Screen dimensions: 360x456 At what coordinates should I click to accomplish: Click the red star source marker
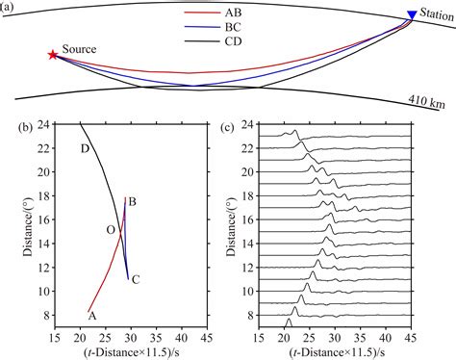(52, 55)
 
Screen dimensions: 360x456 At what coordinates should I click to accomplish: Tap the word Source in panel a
(79, 49)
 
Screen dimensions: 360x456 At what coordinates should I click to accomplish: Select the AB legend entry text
(234, 14)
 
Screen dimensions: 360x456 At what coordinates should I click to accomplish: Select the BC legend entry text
(234, 29)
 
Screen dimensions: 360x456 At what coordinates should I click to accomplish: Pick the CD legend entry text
(234, 42)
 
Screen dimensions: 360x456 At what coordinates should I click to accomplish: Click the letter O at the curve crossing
(111, 229)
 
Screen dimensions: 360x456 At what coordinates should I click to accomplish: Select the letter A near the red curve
(91, 315)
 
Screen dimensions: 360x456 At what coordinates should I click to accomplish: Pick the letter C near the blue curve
(136, 280)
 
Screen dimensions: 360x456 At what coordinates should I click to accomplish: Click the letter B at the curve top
(133, 201)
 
